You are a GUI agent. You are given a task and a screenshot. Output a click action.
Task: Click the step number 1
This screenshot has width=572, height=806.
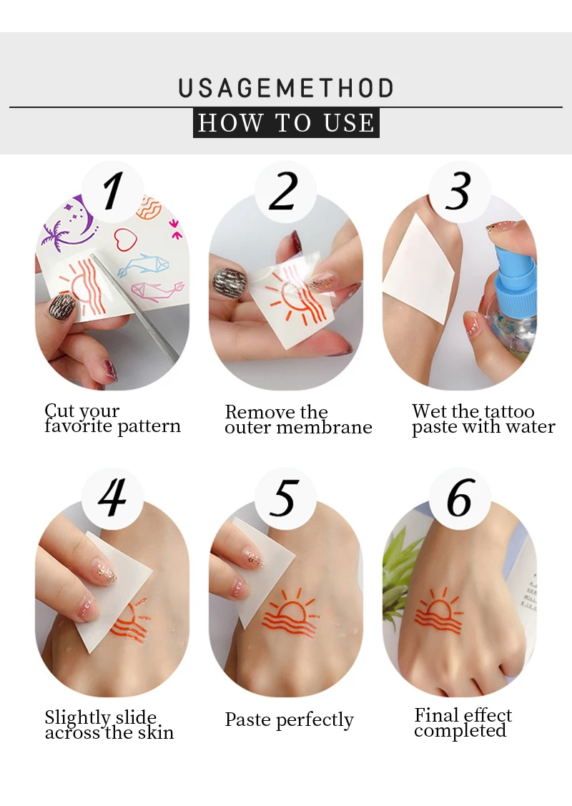click(112, 191)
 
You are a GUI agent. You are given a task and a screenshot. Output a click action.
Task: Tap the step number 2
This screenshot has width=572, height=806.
click(283, 191)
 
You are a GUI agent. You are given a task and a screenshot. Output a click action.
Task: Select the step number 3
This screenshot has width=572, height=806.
click(458, 191)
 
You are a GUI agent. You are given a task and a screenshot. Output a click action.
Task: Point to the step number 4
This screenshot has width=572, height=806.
click(112, 497)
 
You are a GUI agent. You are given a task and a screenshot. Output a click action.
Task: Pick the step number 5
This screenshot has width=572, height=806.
click(284, 498)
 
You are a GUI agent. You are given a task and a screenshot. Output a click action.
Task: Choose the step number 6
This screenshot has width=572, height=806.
click(459, 497)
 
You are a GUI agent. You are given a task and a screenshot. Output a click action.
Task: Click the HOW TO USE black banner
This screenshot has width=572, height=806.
click(286, 123)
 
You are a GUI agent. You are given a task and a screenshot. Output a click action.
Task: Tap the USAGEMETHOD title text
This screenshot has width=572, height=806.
click(286, 89)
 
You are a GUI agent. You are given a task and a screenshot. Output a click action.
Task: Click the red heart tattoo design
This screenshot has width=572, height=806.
click(125, 240)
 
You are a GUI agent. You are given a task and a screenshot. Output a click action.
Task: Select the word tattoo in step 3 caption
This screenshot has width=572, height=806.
click(509, 412)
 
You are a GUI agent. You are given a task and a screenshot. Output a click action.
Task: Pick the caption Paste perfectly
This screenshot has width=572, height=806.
click(290, 720)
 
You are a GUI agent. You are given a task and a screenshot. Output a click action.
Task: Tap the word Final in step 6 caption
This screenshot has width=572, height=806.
click(436, 715)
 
